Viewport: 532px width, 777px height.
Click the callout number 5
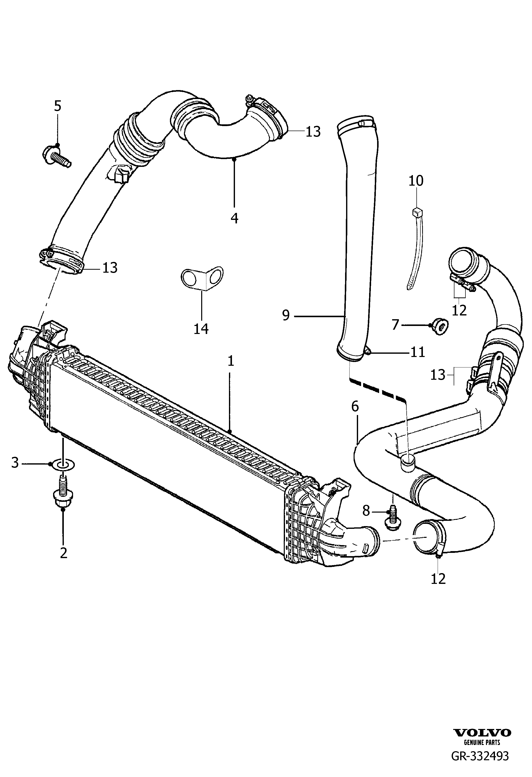(x=58, y=106)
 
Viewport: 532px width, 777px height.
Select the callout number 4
(x=234, y=218)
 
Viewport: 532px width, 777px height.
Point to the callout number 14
(x=201, y=329)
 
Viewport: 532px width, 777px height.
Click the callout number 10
(x=416, y=181)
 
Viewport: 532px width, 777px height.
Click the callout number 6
(x=355, y=407)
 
